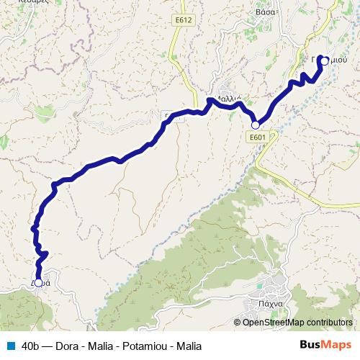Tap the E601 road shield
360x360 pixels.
click(258, 136)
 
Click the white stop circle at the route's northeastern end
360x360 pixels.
click(325, 61)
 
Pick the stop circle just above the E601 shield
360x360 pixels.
click(255, 125)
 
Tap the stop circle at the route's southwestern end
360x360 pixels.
click(38, 282)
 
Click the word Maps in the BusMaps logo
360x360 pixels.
click(337, 344)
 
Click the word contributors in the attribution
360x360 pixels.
click(330, 322)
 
